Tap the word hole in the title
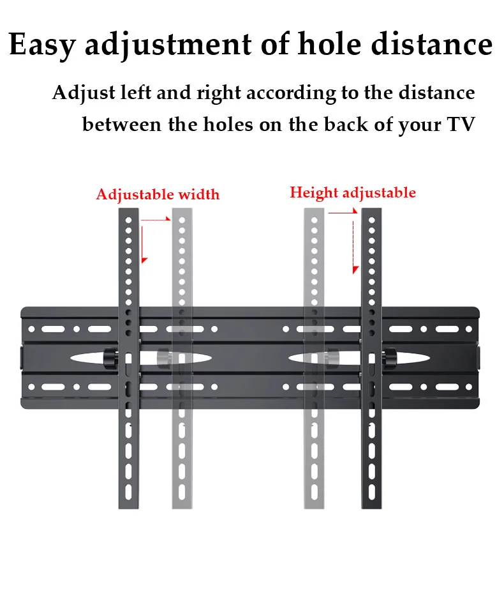323,45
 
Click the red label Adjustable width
158,194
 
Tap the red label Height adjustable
353,193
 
